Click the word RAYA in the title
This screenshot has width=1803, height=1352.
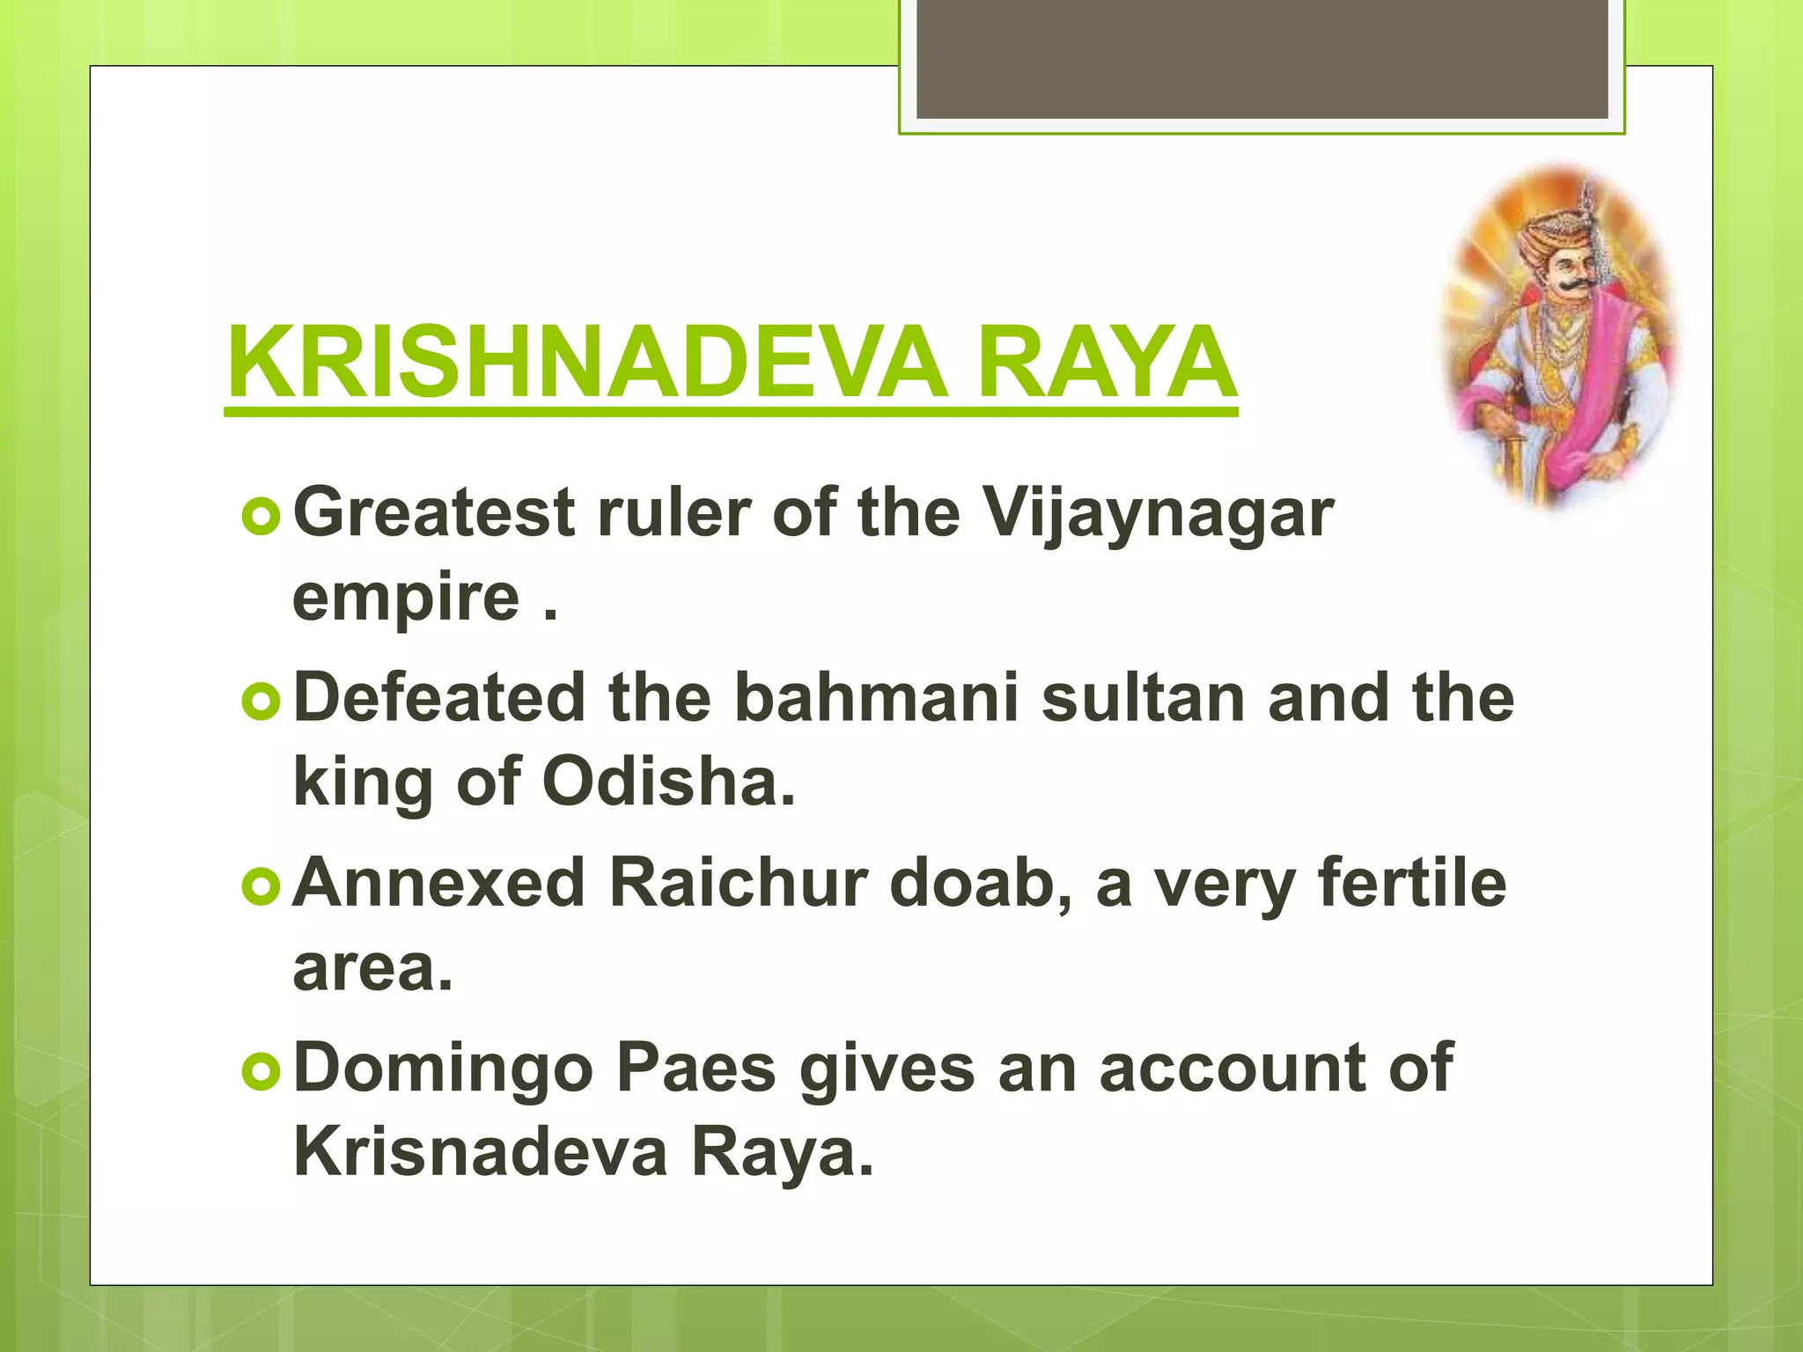coord(1107,363)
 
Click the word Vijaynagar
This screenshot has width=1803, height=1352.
coord(1158,515)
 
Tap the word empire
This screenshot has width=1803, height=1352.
coord(406,599)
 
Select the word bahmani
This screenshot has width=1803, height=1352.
coord(876,698)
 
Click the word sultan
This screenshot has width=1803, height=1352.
coord(1144,698)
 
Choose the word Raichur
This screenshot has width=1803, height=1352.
coord(738,883)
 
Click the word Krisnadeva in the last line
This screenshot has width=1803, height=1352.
coord(481,1152)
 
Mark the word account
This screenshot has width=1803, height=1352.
coord(1265,1069)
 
